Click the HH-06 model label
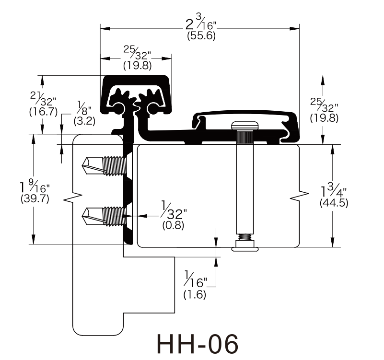click(x=198, y=344)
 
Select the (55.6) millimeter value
click(x=201, y=36)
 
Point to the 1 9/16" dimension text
click(x=35, y=186)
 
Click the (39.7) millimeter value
click(x=35, y=198)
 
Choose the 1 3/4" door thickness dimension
click(x=334, y=190)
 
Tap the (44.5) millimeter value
click(x=334, y=203)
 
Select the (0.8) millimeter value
click(x=173, y=225)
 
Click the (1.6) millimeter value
click(x=195, y=294)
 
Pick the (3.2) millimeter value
click(x=84, y=121)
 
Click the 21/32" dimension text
click(x=43, y=98)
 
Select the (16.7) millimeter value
click(x=43, y=112)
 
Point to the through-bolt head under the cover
click(x=245, y=126)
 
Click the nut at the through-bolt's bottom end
click(x=245, y=245)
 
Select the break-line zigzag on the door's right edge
click(x=299, y=195)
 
